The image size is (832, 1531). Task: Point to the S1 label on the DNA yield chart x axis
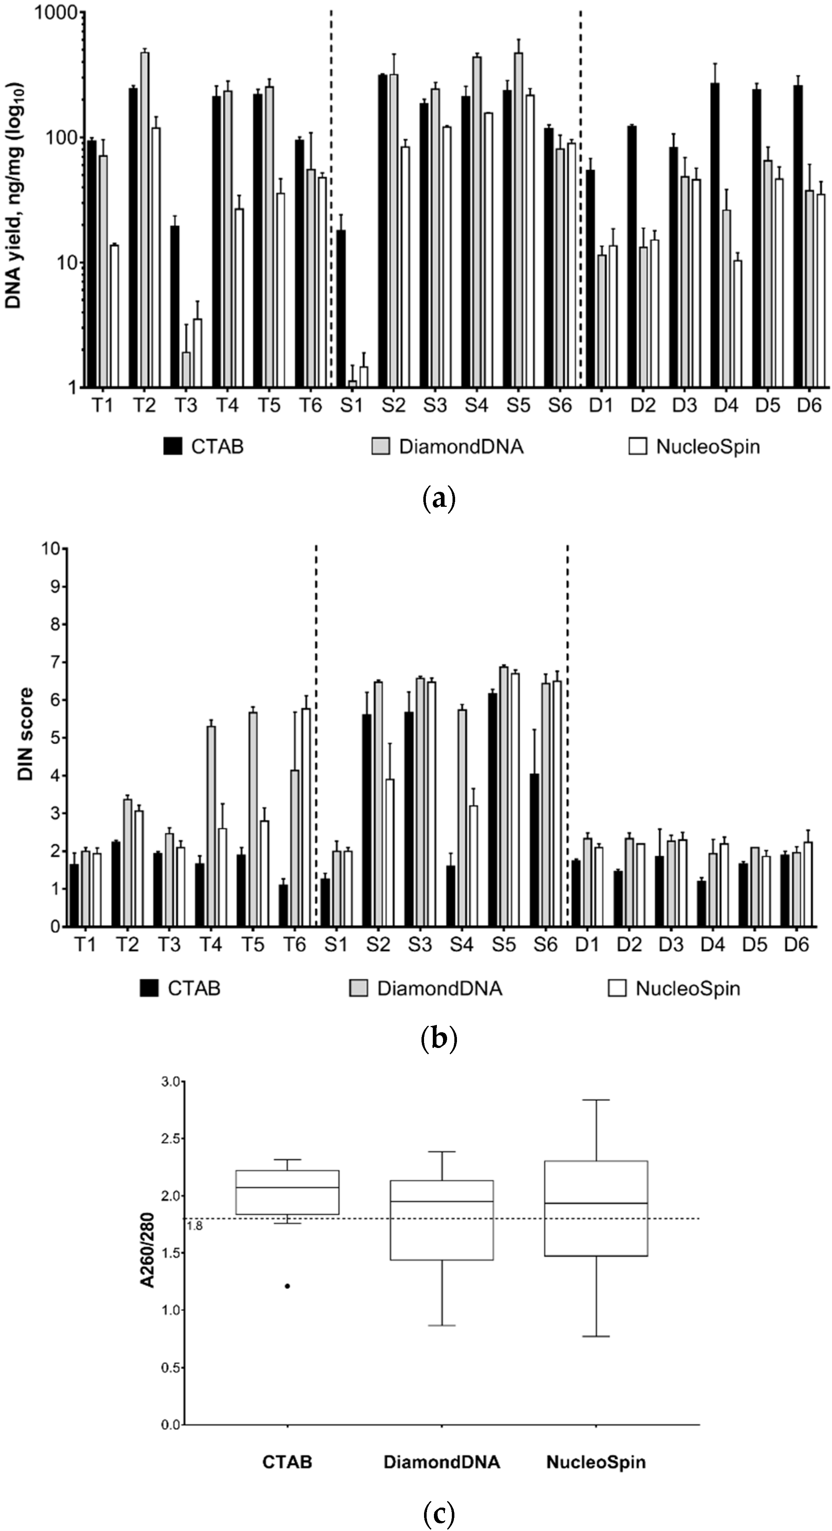[351, 406]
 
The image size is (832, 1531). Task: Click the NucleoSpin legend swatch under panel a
[638, 446]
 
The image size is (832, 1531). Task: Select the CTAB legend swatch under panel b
[149, 988]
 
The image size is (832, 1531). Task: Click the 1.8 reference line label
[194, 1226]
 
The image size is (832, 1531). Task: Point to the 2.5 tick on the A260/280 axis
[171, 1139]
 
